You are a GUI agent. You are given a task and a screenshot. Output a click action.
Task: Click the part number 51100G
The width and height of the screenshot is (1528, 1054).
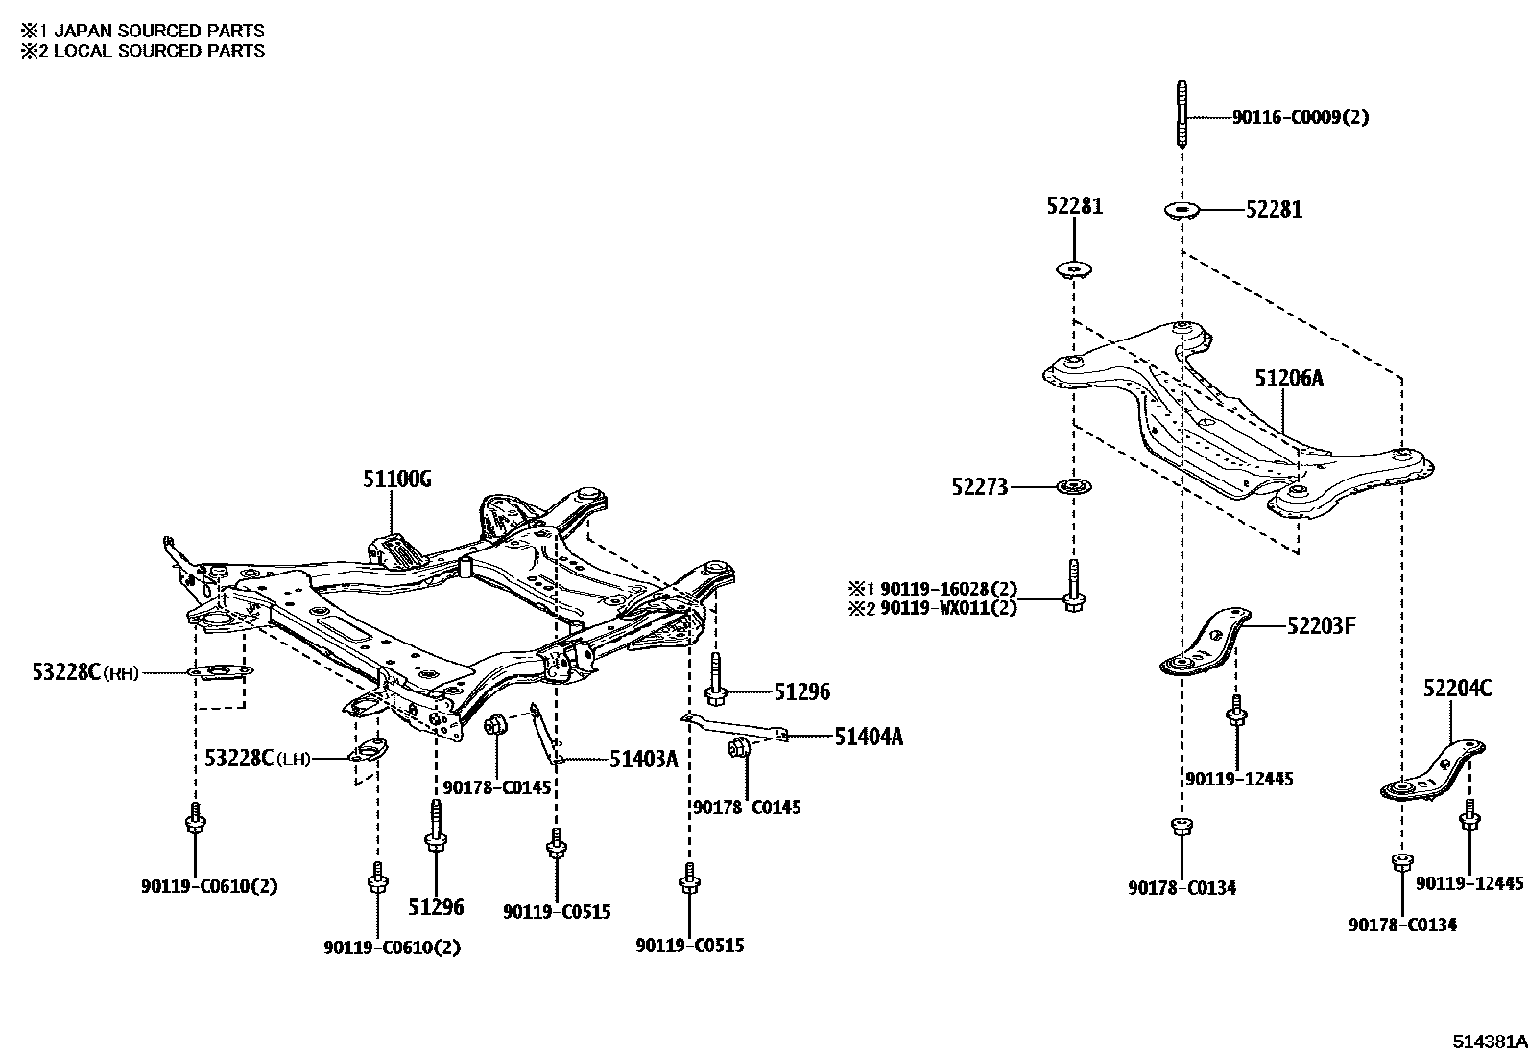(x=396, y=480)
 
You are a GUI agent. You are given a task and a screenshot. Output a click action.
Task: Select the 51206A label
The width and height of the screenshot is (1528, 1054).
(x=1289, y=379)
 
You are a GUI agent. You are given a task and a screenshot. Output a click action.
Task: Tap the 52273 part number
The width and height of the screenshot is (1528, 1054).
(x=980, y=487)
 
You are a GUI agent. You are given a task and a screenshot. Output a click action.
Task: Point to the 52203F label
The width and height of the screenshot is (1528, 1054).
(x=1321, y=627)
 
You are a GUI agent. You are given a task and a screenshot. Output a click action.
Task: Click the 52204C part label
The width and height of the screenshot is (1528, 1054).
(x=1457, y=688)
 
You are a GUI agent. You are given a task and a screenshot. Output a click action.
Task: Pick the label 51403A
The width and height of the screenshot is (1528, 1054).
(x=643, y=760)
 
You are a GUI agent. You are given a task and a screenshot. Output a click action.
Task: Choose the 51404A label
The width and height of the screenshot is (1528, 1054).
(x=868, y=737)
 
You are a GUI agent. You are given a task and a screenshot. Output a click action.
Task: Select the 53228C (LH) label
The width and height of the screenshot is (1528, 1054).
(x=257, y=759)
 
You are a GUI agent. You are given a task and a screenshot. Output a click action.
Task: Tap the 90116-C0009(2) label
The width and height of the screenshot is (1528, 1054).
(x=1301, y=118)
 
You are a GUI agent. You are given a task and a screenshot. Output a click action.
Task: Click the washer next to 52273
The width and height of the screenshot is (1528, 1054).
(x=1072, y=487)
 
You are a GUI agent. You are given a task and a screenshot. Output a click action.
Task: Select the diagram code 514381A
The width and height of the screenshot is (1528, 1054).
(x=1488, y=1042)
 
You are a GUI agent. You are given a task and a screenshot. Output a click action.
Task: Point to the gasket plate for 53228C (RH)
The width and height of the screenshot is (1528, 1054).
(x=220, y=672)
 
